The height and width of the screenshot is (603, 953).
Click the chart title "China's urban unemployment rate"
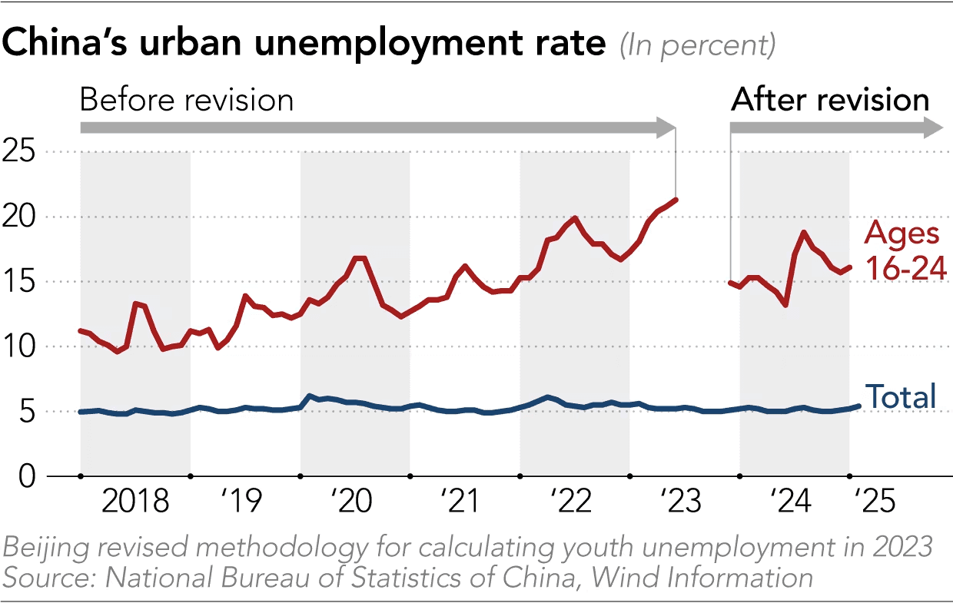coord(304,45)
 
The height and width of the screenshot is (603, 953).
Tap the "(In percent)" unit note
coord(697,46)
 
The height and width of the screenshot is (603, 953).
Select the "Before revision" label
coord(187,100)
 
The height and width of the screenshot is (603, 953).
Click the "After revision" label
coord(830,100)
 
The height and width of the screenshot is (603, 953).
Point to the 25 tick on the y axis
coord(20,152)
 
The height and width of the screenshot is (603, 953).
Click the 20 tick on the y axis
coord(20,217)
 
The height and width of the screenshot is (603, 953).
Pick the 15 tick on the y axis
coord(20,282)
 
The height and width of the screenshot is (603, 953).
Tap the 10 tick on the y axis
coord(20,347)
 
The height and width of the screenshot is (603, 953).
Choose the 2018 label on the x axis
coord(135,502)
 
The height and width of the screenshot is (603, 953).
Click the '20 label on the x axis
coord(352,502)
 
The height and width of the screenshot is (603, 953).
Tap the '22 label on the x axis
coord(572,502)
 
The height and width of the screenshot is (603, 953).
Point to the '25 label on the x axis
coord(874,502)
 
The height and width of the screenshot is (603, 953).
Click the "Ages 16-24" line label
coord(902,250)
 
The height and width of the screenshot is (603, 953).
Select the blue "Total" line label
coord(901,396)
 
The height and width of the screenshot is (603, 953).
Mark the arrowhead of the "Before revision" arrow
coord(666,128)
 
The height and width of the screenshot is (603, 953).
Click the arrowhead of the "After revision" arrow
coord(932,128)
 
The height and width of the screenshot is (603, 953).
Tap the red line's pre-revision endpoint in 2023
coord(676,200)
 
